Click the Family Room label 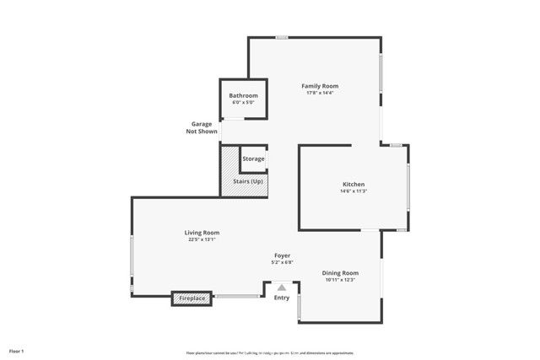pyautogui.click(x=321, y=86)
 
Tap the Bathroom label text pyautogui.click(x=244, y=96)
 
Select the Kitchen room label pyautogui.click(x=353, y=185)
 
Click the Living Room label pyautogui.click(x=202, y=233)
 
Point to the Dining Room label pyautogui.click(x=340, y=273)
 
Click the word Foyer pyautogui.click(x=283, y=255)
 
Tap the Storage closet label pyautogui.click(x=253, y=159)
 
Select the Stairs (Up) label pyautogui.click(x=247, y=182)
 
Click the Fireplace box pyautogui.click(x=192, y=298)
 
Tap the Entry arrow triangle pyautogui.click(x=282, y=287)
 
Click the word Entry pyautogui.click(x=282, y=298)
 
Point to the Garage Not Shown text pyautogui.click(x=202, y=128)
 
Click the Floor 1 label pyautogui.click(x=17, y=350)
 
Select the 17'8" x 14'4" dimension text pyautogui.click(x=321, y=93)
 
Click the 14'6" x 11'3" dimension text pyautogui.click(x=353, y=191)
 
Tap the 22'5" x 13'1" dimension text pyautogui.click(x=202, y=239)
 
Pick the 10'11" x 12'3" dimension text pyautogui.click(x=340, y=280)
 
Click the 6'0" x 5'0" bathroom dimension pyautogui.click(x=244, y=102)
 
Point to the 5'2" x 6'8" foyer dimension pyautogui.click(x=283, y=262)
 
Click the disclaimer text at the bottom pyautogui.click(x=269, y=352)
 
